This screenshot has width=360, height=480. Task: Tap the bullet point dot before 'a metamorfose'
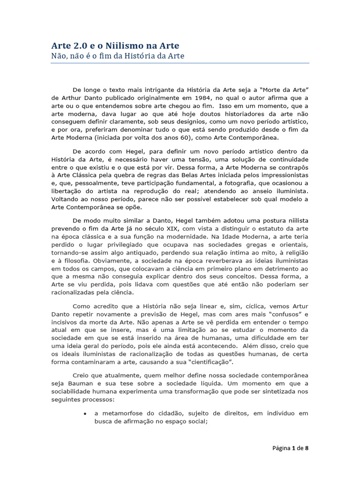pos(84,414)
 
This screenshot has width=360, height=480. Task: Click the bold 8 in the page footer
pos(307,448)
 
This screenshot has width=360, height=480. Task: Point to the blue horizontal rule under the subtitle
pos(180,63)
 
